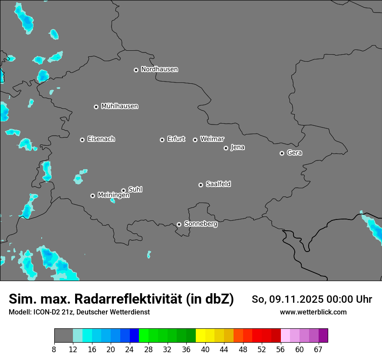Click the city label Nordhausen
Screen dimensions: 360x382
tap(159, 69)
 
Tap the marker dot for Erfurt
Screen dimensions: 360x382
tap(162, 140)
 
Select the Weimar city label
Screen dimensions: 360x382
tap(212, 139)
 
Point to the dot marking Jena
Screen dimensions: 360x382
tap(226, 148)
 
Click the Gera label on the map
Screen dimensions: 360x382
tap(294, 153)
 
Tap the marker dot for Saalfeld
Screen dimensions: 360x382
tap(201, 185)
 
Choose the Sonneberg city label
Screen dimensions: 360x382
tap(201, 224)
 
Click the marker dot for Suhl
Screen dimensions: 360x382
tap(123, 190)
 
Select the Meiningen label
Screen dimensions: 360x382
tap(113, 196)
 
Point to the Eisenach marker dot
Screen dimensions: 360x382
tap(82, 140)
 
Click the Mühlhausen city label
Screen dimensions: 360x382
tap(119, 106)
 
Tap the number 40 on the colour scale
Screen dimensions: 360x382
tap(205, 349)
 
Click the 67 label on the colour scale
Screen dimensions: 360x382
tap(318, 349)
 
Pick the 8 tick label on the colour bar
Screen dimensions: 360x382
tap(54, 349)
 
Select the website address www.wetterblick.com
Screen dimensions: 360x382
tap(313, 312)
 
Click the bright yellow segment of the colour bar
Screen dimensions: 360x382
tap(201, 336)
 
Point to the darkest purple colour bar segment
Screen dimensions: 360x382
tap(323, 336)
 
